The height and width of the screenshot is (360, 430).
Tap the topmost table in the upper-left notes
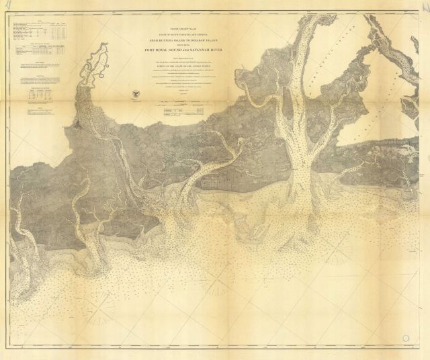40,31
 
